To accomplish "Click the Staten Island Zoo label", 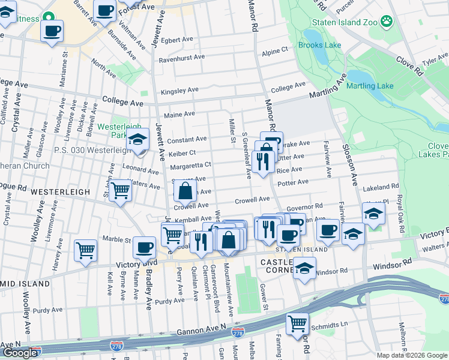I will click(x=345, y=23).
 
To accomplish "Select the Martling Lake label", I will click(x=370, y=86).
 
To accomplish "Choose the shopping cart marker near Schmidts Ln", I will click(x=297, y=324).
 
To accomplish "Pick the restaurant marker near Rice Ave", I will click(x=262, y=161).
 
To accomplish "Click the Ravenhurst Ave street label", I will click(x=182, y=58).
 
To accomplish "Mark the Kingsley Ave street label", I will click(x=179, y=91).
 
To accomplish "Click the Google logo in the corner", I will click(x=20, y=353).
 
